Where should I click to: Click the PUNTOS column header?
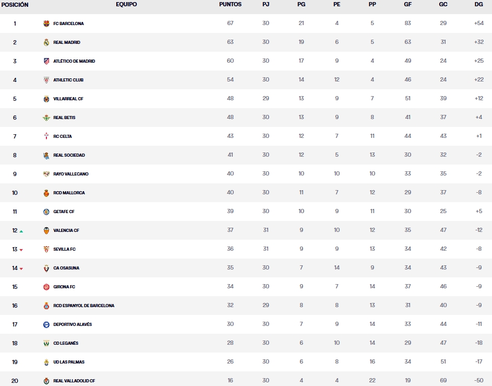230,4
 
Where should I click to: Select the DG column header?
478,4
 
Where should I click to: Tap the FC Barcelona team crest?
46,24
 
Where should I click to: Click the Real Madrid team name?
66,42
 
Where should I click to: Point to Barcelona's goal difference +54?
478,24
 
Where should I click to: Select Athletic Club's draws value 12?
337,80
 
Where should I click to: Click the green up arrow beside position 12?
21,231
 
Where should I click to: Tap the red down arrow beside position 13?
21,250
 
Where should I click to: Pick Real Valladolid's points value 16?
230,381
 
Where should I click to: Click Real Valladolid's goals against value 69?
443,381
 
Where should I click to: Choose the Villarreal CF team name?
68,99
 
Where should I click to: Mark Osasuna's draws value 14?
337,268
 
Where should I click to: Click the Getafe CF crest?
46,212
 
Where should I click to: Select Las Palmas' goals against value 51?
443,362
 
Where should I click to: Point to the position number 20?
15,381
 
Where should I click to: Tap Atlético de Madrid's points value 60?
230,61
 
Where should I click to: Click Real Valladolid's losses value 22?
372,381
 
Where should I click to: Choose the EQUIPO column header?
126,4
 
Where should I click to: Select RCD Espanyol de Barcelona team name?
83,306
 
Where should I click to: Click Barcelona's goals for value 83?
407,24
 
